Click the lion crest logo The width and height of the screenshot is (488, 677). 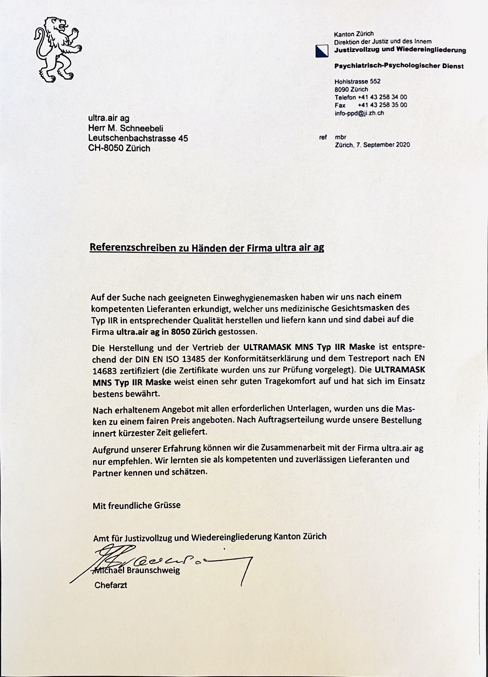(x=57, y=50)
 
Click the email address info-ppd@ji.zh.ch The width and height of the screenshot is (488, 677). (x=359, y=113)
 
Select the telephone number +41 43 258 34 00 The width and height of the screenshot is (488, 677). (x=382, y=97)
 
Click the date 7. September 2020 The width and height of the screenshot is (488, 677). (x=382, y=145)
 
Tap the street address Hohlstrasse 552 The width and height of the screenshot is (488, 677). (x=357, y=81)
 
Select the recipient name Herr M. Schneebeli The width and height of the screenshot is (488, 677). (x=126, y=128)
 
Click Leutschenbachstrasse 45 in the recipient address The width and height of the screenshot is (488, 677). (x=138, y=138)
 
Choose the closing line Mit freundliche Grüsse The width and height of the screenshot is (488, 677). (x=136, y=505)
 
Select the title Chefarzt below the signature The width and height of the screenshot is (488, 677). (x=111, y=585)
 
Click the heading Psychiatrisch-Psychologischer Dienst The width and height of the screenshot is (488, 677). (x=399, y=66)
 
